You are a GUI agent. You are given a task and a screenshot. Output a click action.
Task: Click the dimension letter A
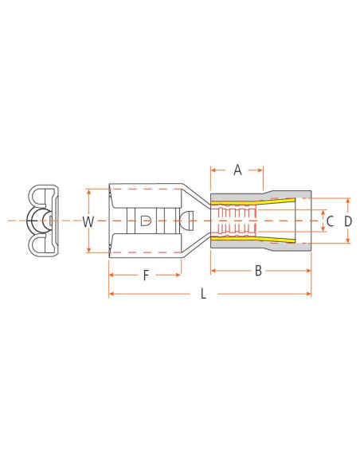coord(237,169)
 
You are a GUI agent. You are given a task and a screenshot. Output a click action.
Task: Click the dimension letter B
coord(258,272)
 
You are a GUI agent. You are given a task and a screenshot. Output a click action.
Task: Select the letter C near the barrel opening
coord(330,221)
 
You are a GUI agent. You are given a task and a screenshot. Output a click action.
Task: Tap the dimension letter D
coord(348,221)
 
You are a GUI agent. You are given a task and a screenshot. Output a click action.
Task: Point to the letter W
coord(88,221)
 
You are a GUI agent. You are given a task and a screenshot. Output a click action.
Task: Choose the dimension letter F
coord(146,275)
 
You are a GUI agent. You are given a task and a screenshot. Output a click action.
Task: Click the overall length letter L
coord(203,295)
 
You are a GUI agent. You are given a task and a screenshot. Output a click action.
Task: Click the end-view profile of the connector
coord(41,221)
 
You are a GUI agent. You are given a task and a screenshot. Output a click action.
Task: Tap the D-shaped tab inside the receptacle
coord(144,221)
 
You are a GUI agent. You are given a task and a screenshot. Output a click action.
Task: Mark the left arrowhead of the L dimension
coord(111,295)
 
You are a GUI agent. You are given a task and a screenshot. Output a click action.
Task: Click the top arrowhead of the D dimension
coord(348,199)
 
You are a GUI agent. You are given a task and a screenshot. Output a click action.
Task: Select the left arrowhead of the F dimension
coord(111,275)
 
